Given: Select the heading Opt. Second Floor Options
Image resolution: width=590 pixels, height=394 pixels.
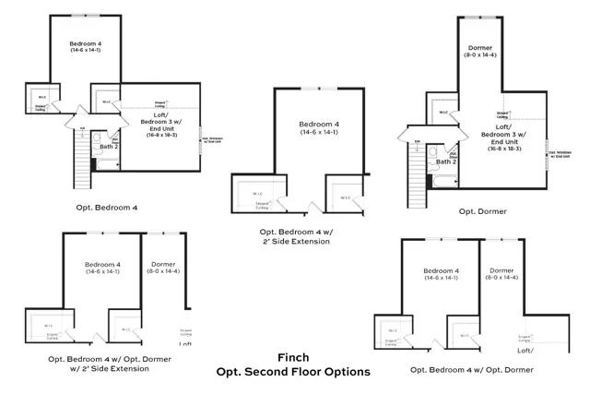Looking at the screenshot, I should coord(293,371).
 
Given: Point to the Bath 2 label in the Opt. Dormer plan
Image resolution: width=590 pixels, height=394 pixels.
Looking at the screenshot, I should coord(446,161).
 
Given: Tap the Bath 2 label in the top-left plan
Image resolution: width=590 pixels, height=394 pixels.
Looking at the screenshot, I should coord(110,146).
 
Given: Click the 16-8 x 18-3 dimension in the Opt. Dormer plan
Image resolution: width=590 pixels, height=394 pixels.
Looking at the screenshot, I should coord(502,148).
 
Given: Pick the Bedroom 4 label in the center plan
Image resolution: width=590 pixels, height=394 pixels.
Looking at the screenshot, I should coord(318,124).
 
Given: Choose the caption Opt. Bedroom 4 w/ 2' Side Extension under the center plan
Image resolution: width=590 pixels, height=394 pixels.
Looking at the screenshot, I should coord(295,237).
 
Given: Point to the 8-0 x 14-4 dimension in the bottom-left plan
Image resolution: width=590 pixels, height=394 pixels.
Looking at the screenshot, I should coord(163,270).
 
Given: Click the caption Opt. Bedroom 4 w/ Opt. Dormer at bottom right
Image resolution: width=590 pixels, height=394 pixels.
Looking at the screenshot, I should coord(472,369).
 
